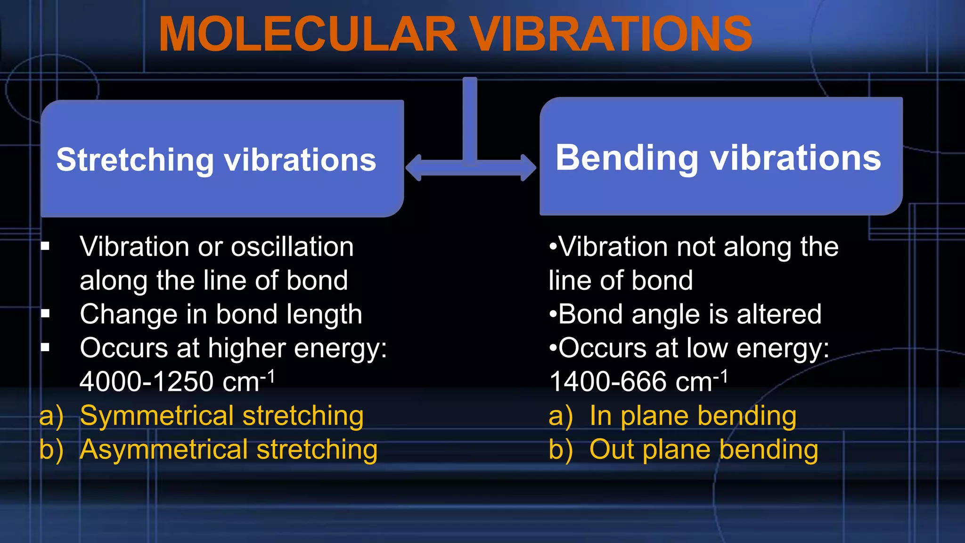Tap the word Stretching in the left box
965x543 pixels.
(x=135, y=160)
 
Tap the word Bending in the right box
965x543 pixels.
(x=626, y=158)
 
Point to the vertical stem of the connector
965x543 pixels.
(x=470, y=118)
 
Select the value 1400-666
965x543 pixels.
(x=608, y=382)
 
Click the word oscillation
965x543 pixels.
(x=292, y=247)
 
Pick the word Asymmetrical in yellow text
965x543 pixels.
(x=164, y=449)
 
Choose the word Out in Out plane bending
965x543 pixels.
(x=611, y=449)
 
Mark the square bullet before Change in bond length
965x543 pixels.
(x=45, y=313)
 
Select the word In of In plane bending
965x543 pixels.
(x=600, y=416)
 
